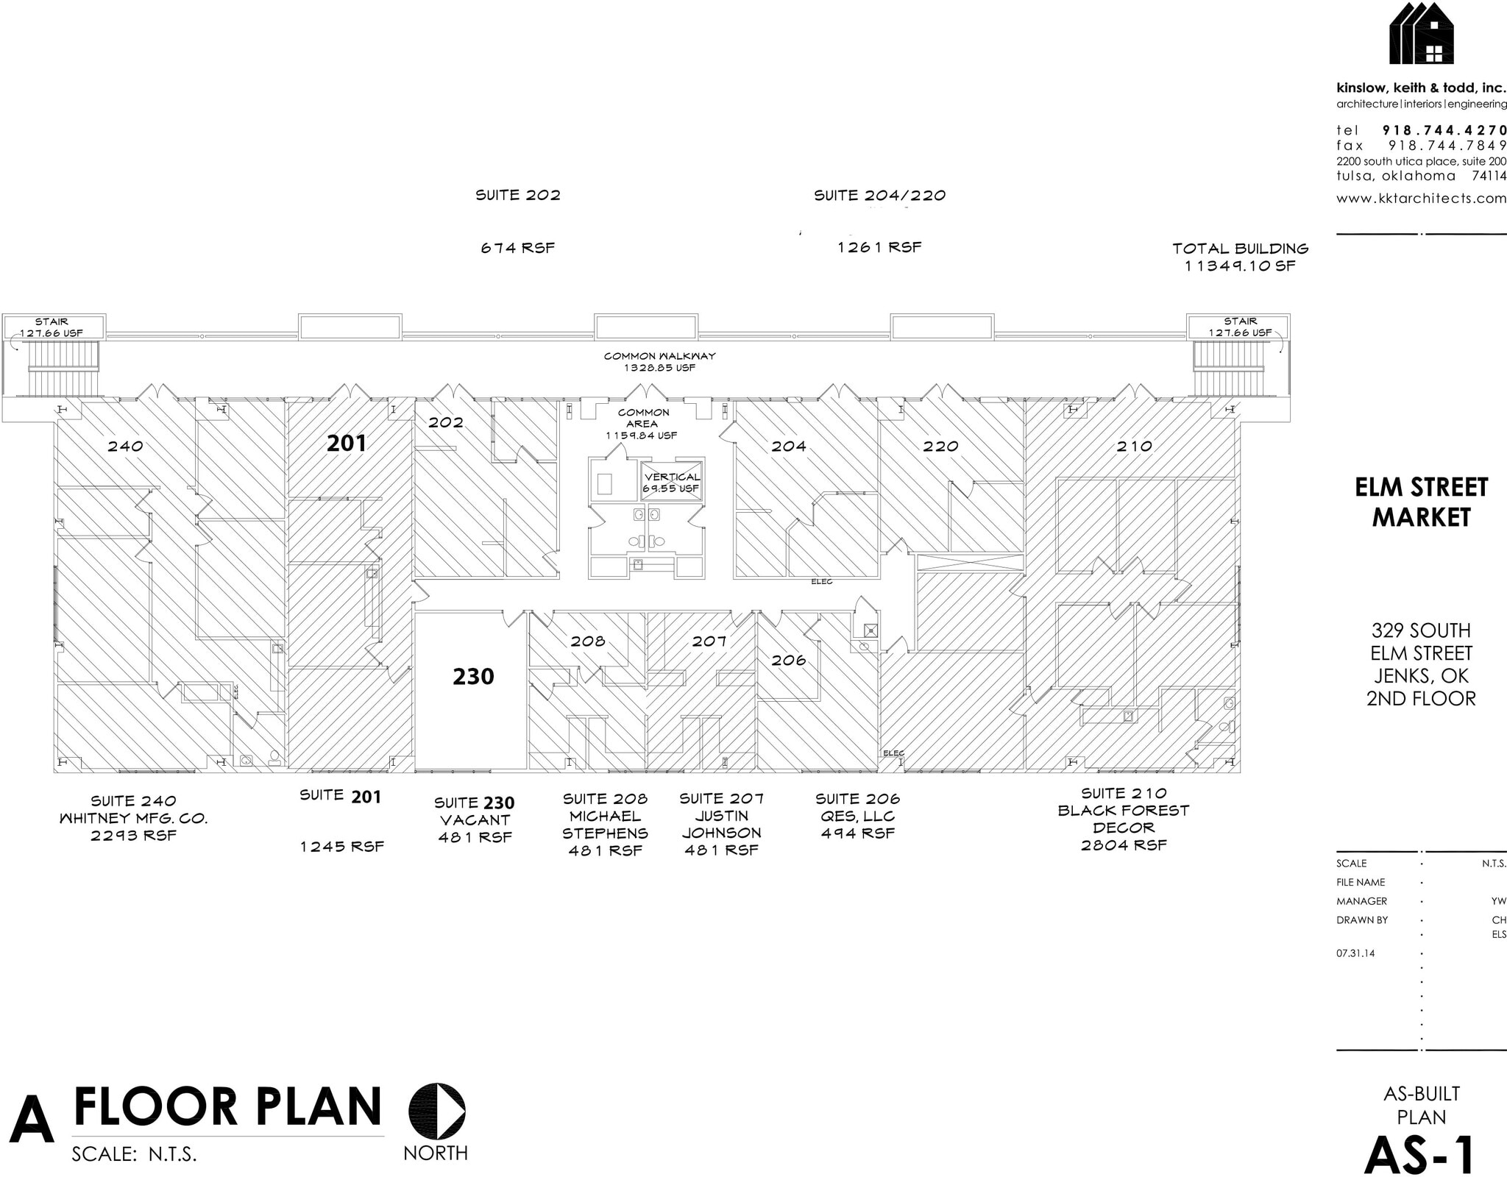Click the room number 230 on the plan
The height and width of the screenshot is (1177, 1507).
(473, 676)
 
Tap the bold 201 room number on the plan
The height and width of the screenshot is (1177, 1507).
(346, 443)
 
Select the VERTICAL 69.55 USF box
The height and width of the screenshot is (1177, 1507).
(671, 482)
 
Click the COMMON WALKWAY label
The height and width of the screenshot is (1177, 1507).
(659, 356)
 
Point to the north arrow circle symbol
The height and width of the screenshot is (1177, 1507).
(437, 1111)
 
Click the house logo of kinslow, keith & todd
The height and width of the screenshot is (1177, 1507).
(1422, 34)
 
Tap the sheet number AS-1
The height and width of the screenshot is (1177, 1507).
(1420, 1154)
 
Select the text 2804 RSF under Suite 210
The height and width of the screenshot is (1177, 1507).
(1124, 845)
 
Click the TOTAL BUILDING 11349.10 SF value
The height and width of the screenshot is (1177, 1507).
(1240, 266)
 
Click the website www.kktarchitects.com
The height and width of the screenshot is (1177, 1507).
(1421, 198)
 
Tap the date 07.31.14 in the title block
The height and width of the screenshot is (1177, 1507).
(1355, 953)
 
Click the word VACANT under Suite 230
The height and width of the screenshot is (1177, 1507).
(475, 819)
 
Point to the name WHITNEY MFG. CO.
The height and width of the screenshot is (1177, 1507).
(133, 818)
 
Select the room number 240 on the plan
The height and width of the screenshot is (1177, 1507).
(125, 446)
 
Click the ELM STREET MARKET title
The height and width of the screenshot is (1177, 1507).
(1421, 502)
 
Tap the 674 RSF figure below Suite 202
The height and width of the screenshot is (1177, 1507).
(517, 248)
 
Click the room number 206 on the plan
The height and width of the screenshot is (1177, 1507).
(789, 660)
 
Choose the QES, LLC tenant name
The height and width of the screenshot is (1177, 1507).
(857, 816)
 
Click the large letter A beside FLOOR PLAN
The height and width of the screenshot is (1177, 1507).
(32, 1121)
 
